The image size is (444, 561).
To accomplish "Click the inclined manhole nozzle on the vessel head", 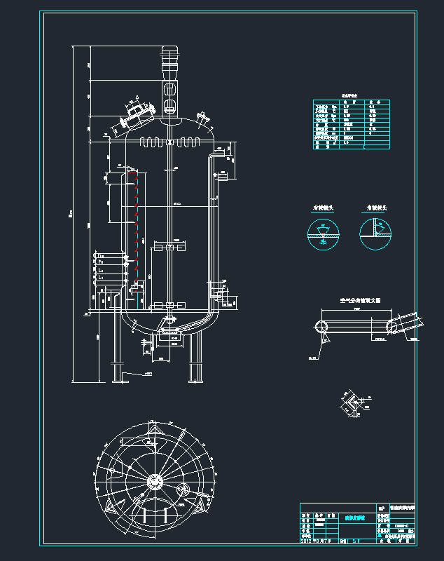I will pos(136,112).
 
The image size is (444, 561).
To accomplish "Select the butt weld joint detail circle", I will pos(323,233).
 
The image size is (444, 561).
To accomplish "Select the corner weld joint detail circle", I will pos(376,233).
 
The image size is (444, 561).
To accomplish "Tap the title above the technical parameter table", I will pos(350,94).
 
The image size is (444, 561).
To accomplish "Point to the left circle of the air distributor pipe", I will pos(321,326).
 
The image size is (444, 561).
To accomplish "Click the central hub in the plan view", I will pos(154,483).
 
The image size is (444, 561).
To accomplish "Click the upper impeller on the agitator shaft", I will pos(170,248).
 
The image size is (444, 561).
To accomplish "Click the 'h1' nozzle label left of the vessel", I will pos(101,261).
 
